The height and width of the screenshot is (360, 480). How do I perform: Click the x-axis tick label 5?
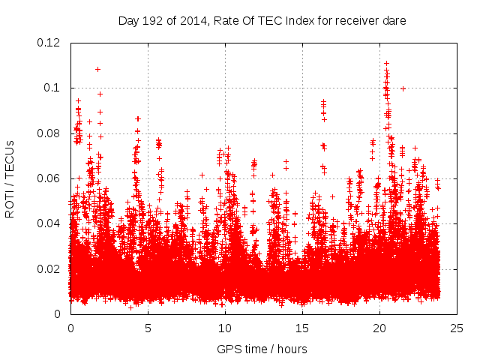coord(148,328)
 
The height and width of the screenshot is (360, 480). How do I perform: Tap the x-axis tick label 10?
coord(225,328)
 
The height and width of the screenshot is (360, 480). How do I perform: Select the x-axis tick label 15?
coord(302,328)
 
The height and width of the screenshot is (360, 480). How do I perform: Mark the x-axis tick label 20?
coord(379,328)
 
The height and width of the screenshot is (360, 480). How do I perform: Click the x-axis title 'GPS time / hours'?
coord(263,349)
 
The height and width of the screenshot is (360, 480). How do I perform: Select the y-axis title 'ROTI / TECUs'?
coord(10,178)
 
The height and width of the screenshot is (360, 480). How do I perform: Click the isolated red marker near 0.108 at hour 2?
coord(97,69)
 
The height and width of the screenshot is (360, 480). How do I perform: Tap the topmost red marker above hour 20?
coord(386,64)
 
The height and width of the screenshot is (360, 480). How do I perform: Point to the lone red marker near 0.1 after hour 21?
coord(403,88)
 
